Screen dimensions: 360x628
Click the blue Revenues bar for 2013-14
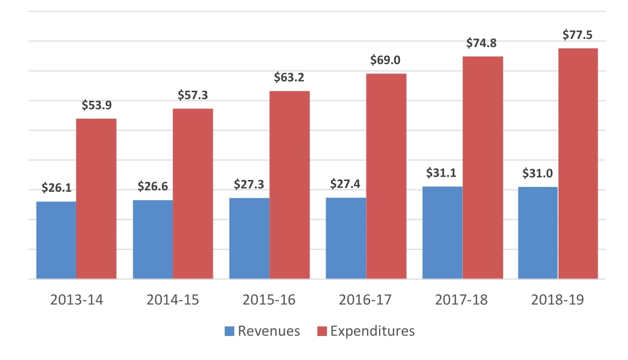[56, 240]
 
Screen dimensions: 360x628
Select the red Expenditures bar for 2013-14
[96, 199]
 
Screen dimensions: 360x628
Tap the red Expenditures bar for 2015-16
[289, 185]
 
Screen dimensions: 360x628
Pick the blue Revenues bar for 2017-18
[442, 233]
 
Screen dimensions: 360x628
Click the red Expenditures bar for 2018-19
[578, 163]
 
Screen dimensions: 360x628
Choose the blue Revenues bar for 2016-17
[346, 238]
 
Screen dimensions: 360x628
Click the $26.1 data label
[56, 188]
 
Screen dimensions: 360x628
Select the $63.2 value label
[290, 77]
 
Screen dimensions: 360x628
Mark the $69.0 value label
[386, 60]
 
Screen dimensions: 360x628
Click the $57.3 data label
[193, 95]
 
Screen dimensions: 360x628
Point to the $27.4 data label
[346, 184]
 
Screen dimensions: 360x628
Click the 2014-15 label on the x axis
[173, 300]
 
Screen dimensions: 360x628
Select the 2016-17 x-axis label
[365, 300]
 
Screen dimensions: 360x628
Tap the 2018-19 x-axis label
[558, 300]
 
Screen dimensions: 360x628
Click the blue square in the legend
[229, 331]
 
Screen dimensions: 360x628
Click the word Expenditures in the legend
[372, 331]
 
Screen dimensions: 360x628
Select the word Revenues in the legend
[269, 331]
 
